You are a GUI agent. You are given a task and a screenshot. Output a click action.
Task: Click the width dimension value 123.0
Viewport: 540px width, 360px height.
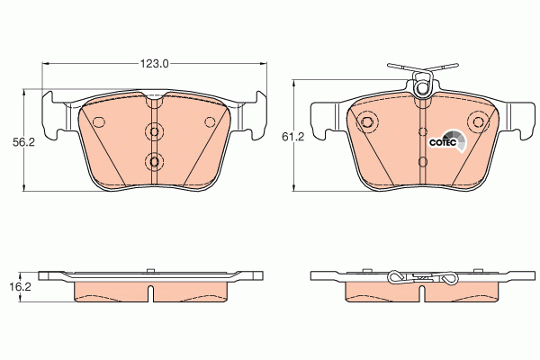tap(155, 64)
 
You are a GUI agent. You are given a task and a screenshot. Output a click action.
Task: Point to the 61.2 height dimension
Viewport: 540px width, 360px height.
tap(292, 137)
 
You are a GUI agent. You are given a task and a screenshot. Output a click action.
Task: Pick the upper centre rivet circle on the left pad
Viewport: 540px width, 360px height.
tap(155, 132)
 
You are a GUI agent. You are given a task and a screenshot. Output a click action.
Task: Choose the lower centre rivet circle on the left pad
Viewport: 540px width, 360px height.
tap(155, 162)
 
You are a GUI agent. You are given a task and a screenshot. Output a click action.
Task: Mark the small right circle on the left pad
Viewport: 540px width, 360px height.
tap(211, 121)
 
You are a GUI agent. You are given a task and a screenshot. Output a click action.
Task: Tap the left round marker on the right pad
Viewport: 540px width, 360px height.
tap(367, 123)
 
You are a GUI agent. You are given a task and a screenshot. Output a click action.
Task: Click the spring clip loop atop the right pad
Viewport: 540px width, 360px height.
tap(421, 87)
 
